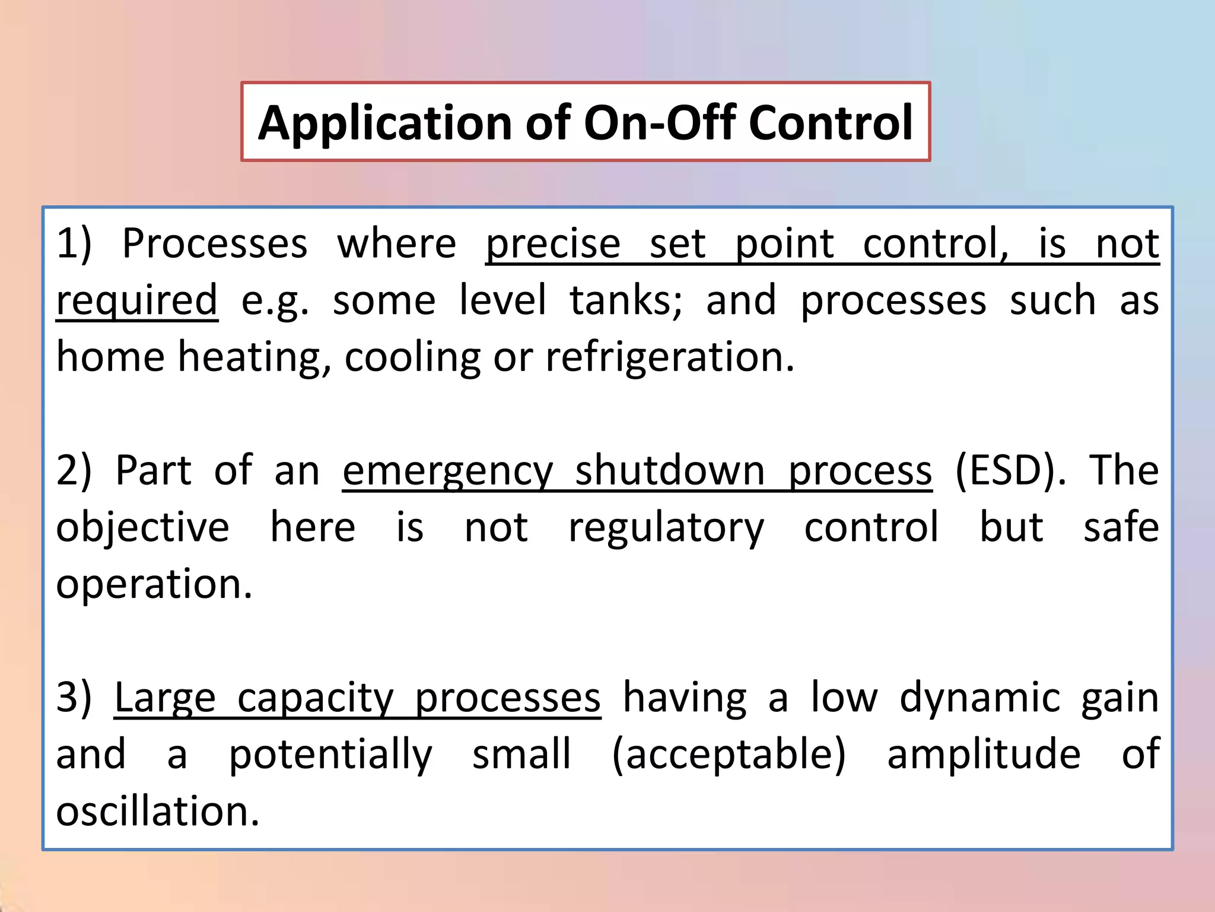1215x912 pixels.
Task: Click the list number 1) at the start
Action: pos(74,243)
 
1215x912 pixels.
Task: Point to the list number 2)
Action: pos(74,470)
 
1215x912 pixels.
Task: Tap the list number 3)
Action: pos(74,698)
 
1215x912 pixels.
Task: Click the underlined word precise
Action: pos(553,245)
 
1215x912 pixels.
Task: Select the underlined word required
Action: pos(137,301)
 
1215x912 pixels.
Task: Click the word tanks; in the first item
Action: pos(626,300)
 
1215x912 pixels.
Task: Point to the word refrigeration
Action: pos(669,357)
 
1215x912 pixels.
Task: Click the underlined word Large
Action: pos(165,699)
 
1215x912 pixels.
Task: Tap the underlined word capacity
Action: pos(316,699)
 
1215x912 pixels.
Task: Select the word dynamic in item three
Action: pos(979,699)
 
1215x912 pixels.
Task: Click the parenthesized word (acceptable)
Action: pos(729,754)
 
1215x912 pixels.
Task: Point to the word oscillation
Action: pos(157,812)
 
